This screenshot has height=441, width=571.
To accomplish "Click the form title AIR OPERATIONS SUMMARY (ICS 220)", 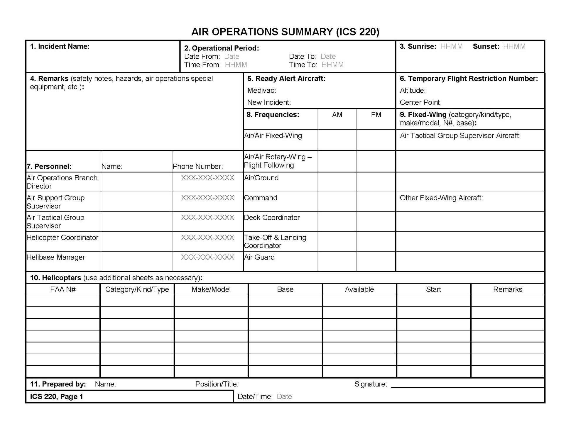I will coord(285,32).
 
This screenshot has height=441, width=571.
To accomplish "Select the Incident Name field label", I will coord(60,46).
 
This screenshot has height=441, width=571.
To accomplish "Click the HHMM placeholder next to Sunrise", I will coord(451,46).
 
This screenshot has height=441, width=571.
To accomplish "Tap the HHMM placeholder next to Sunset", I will coord(514,46).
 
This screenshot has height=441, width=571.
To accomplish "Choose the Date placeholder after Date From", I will coord(232,57).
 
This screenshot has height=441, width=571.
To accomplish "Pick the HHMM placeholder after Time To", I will coord(332,65).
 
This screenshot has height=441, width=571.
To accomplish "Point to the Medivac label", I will coord(261,91).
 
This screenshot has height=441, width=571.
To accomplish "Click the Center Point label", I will coord(420,102).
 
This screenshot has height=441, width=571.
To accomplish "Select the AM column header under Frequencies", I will coord(337,115).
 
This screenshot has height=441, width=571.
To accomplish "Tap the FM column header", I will coord(376,115).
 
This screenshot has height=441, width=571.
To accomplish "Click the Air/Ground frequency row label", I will coord(261,178).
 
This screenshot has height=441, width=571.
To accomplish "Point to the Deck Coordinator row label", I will coord(272,218).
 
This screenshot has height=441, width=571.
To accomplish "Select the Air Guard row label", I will coord(259,257).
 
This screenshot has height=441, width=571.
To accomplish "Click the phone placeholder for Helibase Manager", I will coord(207,257).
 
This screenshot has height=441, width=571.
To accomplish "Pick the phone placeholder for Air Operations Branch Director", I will coord(207,178).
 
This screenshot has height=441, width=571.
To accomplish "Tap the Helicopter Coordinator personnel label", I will coord(62,238).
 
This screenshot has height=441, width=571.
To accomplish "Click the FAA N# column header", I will coord(63,289).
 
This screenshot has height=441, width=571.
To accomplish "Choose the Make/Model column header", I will coord(211,289).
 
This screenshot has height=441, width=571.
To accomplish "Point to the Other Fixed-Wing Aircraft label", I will coord(441,198).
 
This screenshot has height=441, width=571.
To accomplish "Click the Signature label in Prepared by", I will coord(371,384).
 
